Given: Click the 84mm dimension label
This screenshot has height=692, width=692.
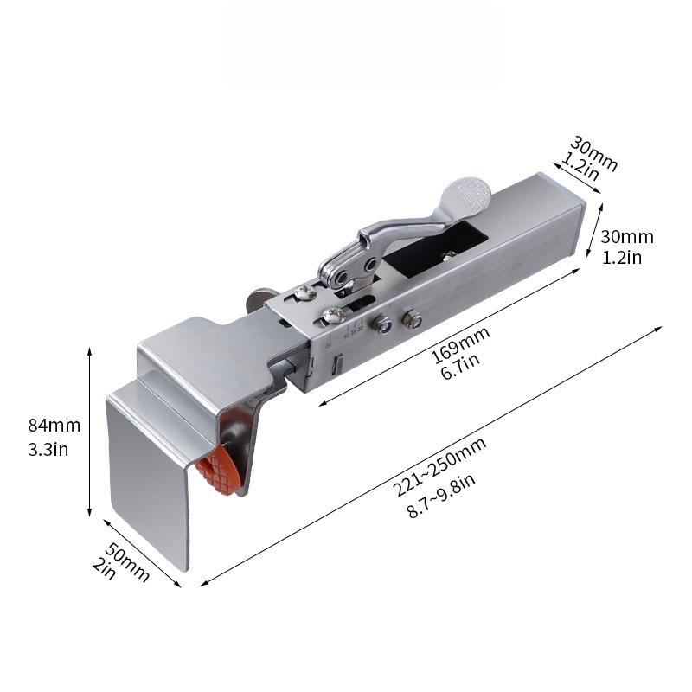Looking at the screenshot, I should click(54, 425).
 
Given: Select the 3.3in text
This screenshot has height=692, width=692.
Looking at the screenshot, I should click(48, 449).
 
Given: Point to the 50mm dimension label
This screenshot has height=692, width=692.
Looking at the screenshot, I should click(128, 560).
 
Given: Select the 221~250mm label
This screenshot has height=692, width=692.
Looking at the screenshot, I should click(441, 467).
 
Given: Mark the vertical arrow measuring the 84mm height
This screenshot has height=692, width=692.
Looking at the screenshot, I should click(90, 432).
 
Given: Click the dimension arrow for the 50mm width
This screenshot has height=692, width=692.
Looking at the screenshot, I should click(143, 554).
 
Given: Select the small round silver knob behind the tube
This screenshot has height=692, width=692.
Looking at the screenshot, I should click(256, 299).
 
